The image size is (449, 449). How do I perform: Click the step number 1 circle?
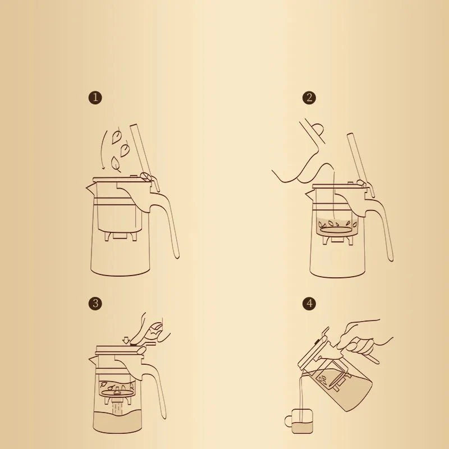coord(96,98)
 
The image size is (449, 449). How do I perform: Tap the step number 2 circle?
coord(309,98)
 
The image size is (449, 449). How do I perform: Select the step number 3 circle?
coord(96,304)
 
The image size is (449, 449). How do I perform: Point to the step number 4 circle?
coord(309,304)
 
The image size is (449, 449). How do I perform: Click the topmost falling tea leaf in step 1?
coord(117,136)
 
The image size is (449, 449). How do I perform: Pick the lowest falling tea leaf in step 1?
coord(116,163)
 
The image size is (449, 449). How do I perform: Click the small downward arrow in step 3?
coord(126,339)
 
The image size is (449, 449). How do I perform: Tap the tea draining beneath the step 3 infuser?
coord(118,407)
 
